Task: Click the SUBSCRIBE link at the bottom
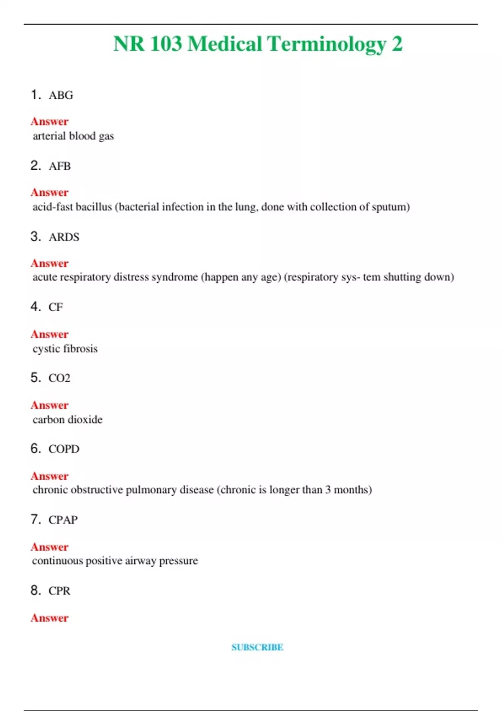257,647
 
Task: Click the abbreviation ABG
61,95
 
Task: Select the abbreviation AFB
59,166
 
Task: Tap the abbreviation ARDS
64,237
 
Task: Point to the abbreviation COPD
64,449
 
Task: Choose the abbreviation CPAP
63,520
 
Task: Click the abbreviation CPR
59,591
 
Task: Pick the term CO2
59,378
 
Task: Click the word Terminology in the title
326,44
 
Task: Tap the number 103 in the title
166,43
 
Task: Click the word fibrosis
81,348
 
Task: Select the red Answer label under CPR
49,618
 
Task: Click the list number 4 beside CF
35,307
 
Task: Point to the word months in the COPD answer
352,490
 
